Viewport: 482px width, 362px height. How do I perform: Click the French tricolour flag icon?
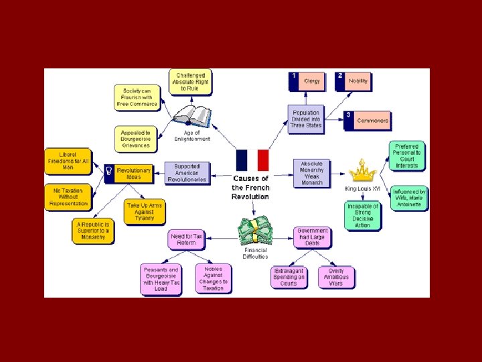pos(252,160)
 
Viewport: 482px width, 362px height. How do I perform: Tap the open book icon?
pos(192,116)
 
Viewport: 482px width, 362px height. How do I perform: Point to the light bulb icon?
pos(108,172)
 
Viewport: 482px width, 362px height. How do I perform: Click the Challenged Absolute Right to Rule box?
pos(191,82)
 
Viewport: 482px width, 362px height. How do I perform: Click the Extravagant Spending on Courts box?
pos(289,277)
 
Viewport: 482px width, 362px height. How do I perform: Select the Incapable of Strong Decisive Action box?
pos(363,216)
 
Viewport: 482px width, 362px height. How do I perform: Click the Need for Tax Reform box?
pos(187,239)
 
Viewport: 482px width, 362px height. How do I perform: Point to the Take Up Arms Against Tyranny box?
pos(145,212)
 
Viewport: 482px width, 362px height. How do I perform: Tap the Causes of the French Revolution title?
pos(250,187)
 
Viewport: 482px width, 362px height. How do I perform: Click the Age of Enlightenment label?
pos(192,136)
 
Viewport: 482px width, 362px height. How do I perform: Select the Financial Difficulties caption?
pos(254,253)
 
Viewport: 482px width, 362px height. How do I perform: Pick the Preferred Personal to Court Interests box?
pos(406,156)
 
